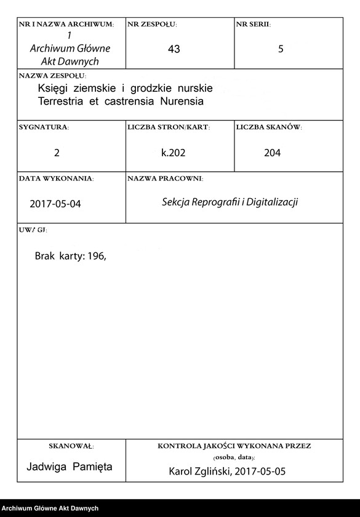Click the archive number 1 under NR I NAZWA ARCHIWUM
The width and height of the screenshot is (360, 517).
(70, 36)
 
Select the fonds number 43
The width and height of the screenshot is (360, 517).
(174, 50)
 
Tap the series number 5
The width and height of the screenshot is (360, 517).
(281, 50)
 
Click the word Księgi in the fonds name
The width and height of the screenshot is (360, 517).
(54, 89)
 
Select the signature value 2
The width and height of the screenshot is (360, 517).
(57, 153)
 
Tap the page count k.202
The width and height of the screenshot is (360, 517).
(174, 153)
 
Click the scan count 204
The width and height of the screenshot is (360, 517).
(272, 153)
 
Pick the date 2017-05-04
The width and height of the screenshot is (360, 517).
(55, 205)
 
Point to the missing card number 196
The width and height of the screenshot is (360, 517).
(97, 257)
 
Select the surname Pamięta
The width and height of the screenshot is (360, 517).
(92, 467)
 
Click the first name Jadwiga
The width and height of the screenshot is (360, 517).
(48, 467)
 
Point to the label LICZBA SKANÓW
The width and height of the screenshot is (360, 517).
(268, 127)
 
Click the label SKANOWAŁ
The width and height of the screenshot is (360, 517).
(71, 446)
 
